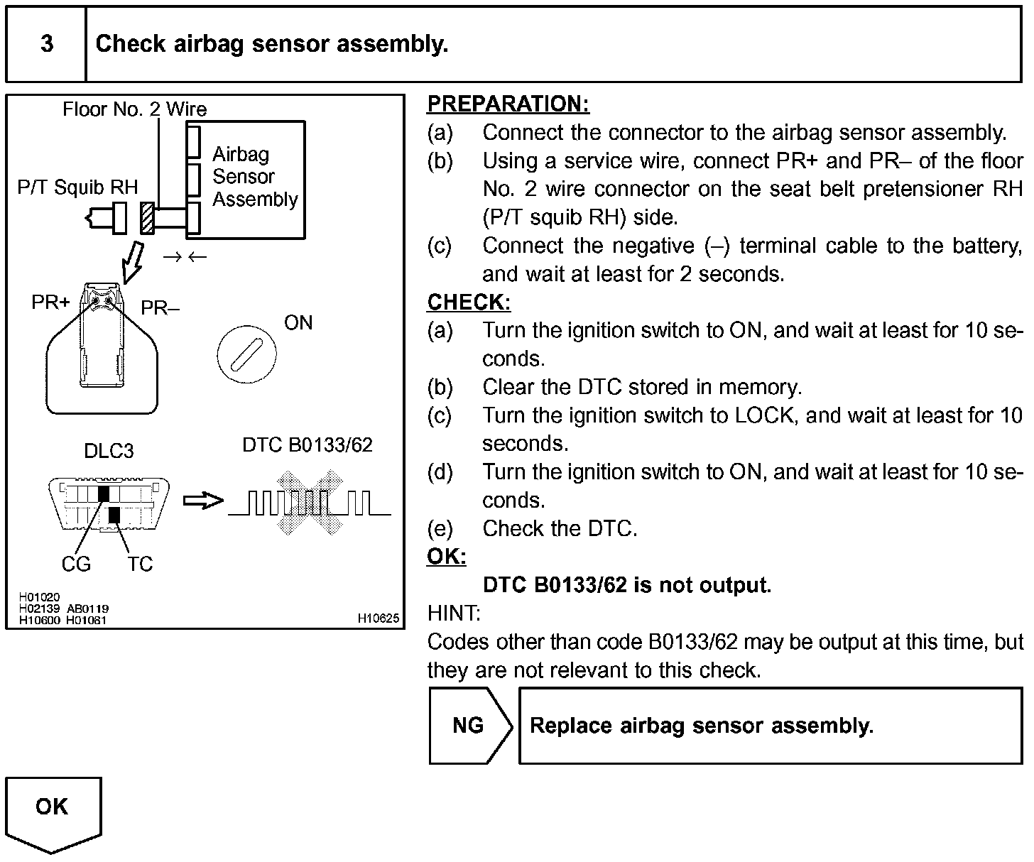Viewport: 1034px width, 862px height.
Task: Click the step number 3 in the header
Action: pos(47,44)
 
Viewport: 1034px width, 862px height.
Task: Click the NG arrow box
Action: pos(469,725)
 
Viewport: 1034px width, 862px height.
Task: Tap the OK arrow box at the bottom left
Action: pos(53,810)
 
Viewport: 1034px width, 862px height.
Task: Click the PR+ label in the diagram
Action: pos(50,302)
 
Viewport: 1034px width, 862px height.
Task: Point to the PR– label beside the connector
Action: pos(160,308)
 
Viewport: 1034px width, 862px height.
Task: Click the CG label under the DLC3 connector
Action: pos(76,564)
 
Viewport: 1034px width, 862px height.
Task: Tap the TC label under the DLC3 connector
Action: pos(140,564)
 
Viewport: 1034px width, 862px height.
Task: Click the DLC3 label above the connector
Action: pos(108,452)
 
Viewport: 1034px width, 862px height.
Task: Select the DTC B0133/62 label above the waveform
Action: pos(308,445)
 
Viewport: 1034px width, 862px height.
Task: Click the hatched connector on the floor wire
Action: pos(148,218)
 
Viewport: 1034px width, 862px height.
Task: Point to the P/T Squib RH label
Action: pos(77,187)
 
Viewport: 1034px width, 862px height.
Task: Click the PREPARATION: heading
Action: pos(508,104)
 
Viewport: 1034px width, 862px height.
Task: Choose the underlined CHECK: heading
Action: pos(469,302)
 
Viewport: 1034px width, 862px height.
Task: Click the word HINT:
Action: pos(454,613)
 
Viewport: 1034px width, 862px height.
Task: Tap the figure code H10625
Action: pos(379,618)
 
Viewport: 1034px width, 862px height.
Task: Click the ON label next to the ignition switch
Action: pos(298,323)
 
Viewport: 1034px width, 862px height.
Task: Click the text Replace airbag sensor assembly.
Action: pos(702,726)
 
